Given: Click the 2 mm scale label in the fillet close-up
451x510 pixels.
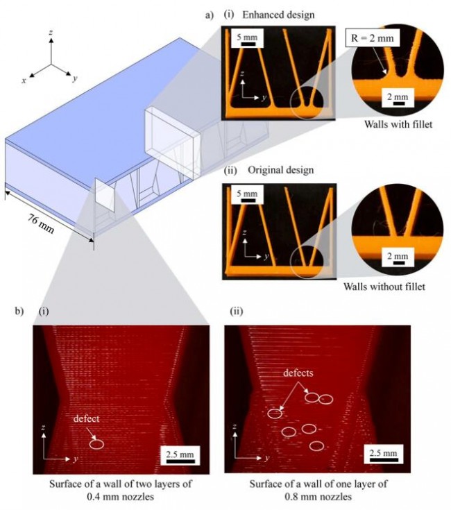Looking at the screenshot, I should click(x=395, y=95).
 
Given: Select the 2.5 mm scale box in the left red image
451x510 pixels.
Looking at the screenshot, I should click(x=180, y=455).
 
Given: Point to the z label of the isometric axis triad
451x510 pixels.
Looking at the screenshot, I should click(x=51, y=33).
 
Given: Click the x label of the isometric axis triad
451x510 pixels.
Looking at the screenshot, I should click(x=24, y=81).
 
